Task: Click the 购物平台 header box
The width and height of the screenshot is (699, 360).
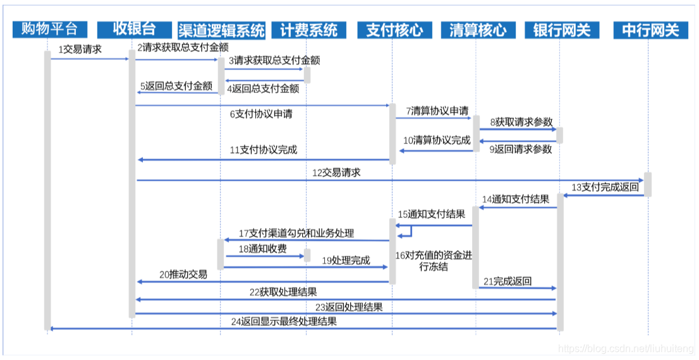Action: tap(49, 29)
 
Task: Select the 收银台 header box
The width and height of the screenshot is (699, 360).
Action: tap(134, 29)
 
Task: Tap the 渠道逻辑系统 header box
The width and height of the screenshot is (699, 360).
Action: tap(221, 30)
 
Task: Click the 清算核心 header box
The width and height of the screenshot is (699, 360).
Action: tap(478, 30)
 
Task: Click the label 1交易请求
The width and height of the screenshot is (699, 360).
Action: tap(80, 49)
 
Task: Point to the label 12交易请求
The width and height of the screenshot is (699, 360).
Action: tap(336, 172)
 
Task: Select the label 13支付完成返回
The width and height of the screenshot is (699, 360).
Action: tap(605, 188)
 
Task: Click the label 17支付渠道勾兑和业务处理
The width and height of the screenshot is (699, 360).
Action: tap(296, 233)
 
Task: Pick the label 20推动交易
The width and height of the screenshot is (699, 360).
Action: tap(183, 275)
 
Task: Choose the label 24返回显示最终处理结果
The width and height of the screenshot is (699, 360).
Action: tap(284, 321)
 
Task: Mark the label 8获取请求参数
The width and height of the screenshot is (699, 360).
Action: tap(521, 121)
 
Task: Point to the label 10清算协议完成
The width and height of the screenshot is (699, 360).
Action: tap(437, 140)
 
